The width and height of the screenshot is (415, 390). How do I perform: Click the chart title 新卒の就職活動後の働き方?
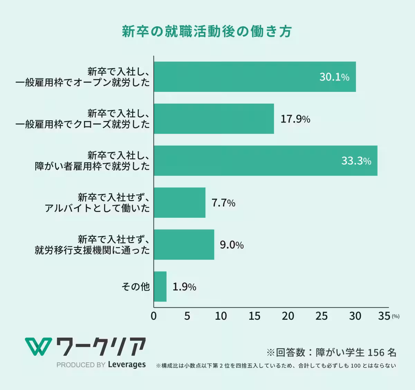pos(207,31)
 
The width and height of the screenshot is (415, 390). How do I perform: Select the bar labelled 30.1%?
pos(255,77)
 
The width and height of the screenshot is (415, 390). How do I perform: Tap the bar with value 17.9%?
pos(214,119)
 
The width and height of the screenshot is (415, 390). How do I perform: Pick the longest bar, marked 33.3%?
pos(265,161)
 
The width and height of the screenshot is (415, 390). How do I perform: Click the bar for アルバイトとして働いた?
pos(179,203)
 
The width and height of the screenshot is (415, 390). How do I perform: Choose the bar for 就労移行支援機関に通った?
pos(184,244)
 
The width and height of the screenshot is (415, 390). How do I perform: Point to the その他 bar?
pos(160,286)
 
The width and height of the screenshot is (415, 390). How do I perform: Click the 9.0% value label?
pos(232,245)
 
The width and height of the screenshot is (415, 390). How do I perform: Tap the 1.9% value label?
pos(184,287)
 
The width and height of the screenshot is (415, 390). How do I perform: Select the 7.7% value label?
pos(223,203)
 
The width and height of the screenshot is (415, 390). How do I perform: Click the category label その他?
pos(136,286)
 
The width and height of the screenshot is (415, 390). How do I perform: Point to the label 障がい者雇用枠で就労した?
pos(92,166)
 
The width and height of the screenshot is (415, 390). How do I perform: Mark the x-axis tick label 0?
pos(154,316)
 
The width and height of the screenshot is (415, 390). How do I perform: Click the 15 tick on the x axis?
pos(254,316)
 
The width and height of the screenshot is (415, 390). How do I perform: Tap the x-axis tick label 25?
pos(321,316)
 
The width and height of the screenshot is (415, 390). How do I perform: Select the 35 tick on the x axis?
pos(384,316)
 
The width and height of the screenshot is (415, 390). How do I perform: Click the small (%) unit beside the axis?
pos(395,316)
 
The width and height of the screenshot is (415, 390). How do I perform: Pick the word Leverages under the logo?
pos(127,364)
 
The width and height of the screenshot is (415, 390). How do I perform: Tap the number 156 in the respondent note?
pos(376,352)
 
